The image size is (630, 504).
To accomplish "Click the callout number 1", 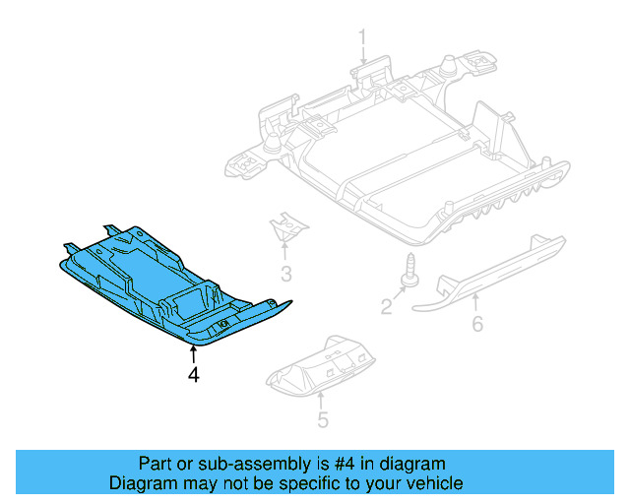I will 362,38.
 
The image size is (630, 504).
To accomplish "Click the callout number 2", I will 387,308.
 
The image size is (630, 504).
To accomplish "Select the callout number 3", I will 286,273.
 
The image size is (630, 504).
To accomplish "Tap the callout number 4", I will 194,374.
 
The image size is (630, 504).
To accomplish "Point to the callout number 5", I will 322,421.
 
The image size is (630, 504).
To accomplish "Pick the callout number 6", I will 477,323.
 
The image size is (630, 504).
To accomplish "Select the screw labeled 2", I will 406,270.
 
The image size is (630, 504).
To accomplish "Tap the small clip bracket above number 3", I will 288,228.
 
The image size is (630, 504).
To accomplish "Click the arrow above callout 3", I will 286,251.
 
